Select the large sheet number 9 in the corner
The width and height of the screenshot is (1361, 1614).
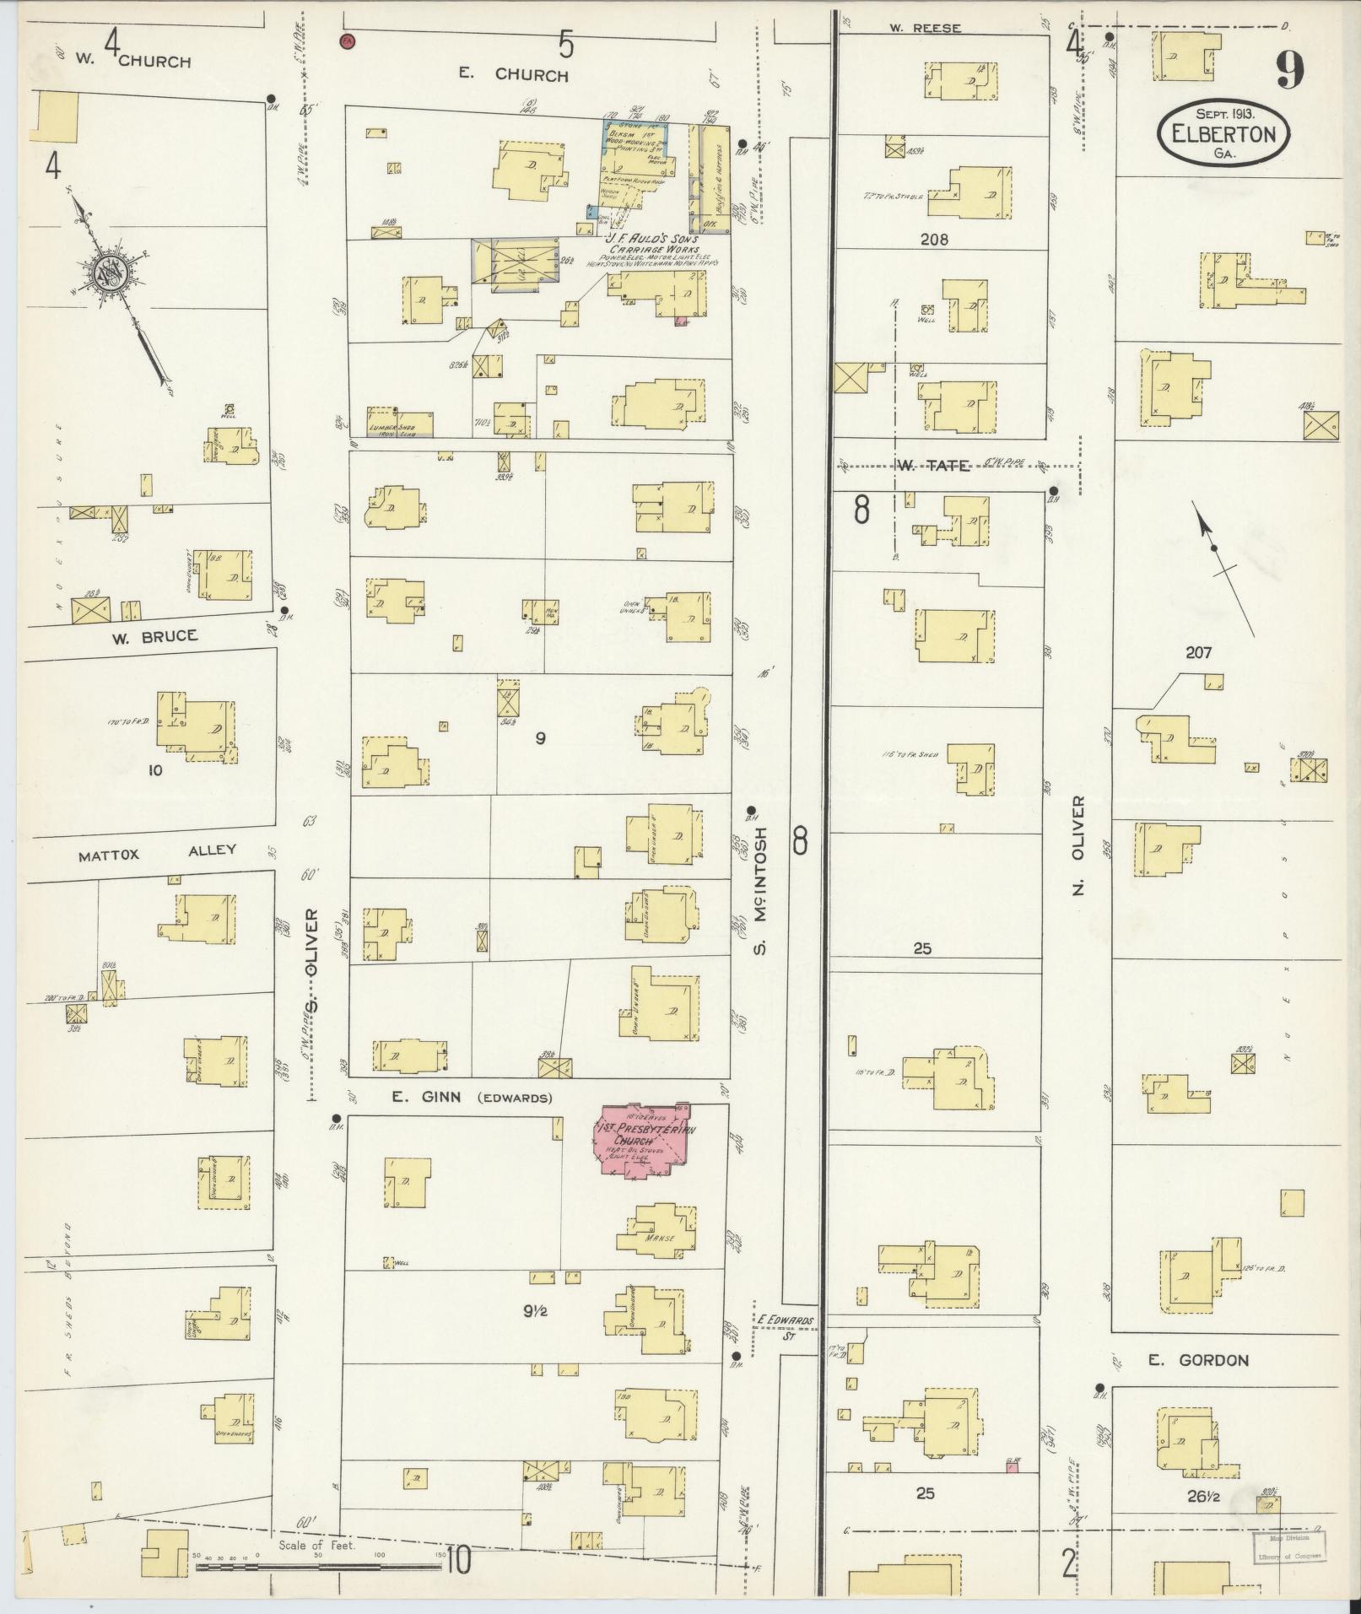coord(1289,70)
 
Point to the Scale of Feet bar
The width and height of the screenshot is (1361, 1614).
coord(319,1567)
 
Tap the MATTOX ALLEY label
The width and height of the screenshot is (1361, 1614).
coord(157,853)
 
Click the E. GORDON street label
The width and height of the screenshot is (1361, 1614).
coord(1185,1360)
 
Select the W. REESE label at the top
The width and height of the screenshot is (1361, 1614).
coord(925,28)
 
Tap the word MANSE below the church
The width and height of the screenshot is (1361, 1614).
coord(656,1240)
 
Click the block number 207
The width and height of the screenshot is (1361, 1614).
coord(1197,652)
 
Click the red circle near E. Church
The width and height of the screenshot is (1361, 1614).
coord(347,40)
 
